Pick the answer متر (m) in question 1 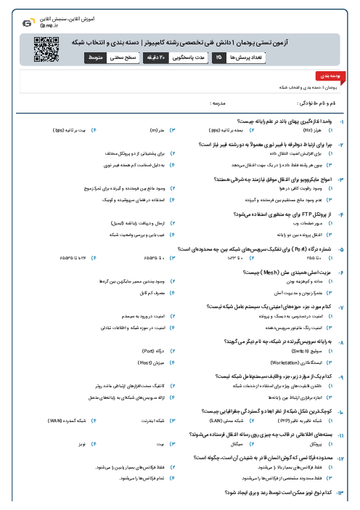coord(154,131)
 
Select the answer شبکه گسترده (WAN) coord(67,420)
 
